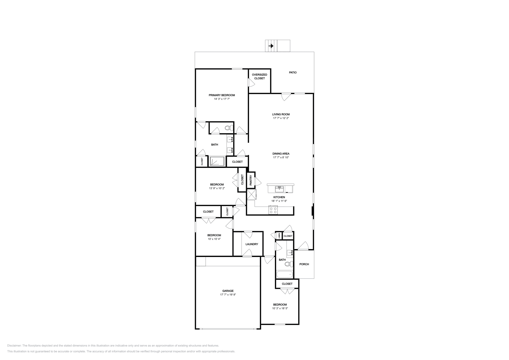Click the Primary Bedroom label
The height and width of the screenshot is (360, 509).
[x=222, y=95]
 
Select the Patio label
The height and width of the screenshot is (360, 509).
[x=293, y=73]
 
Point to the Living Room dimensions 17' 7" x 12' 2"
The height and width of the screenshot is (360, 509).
[x=281, y=118]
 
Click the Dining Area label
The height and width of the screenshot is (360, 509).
[x=281, y=154]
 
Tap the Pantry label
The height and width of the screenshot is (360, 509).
[x=251, y=180]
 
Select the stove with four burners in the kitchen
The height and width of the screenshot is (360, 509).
[x=273, y=210]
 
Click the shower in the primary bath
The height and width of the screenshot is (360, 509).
[x=217, y=161]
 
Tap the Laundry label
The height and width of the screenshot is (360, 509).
[x=252, y=244]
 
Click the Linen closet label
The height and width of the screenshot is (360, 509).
[x=279, y=236]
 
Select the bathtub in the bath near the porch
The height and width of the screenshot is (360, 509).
[x=284, y=274]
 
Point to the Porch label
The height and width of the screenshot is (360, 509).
[x=304, y=264]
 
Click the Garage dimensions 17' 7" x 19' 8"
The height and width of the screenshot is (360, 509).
[x=228, y=294]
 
